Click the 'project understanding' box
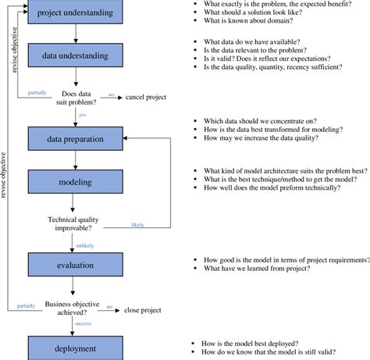coord(72,12)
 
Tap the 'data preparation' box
coord(72,138)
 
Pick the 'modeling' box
coord(72,182)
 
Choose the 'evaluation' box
coord(72,265)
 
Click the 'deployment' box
coord(72,348)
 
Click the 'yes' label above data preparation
coord(81,115)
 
